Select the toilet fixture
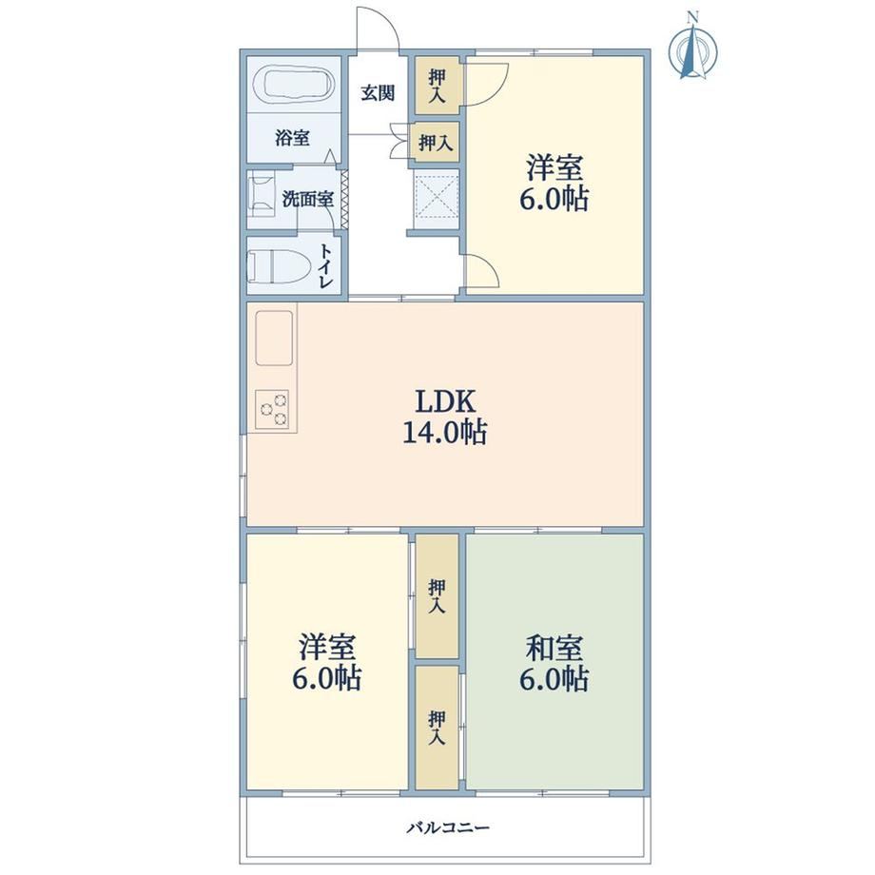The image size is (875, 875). click(x=279, y=266)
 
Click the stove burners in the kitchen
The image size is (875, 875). click(x=272, y=409)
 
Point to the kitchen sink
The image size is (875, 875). click(x=274, y=338)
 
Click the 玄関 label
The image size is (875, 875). click(x=378, y=92)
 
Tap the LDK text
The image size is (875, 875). click(x=445, y=401)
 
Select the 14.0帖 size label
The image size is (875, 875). click(x=445, y=432)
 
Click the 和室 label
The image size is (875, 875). click(x=554, y=648)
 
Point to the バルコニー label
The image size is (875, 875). click(x=448, y=826)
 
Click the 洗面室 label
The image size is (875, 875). click(x=308, y=199)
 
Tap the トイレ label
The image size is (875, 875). click(x=326, y=265)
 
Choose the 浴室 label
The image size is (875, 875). click(x=292, y=137)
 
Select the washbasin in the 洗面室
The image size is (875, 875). click(x=262, y=193)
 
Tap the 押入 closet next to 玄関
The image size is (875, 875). click(x=437, y=86)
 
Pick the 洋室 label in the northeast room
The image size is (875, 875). click(x=554, y=167)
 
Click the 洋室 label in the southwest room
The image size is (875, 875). click(x=326, y=648)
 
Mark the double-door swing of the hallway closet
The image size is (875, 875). click(x=399, y=141)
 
